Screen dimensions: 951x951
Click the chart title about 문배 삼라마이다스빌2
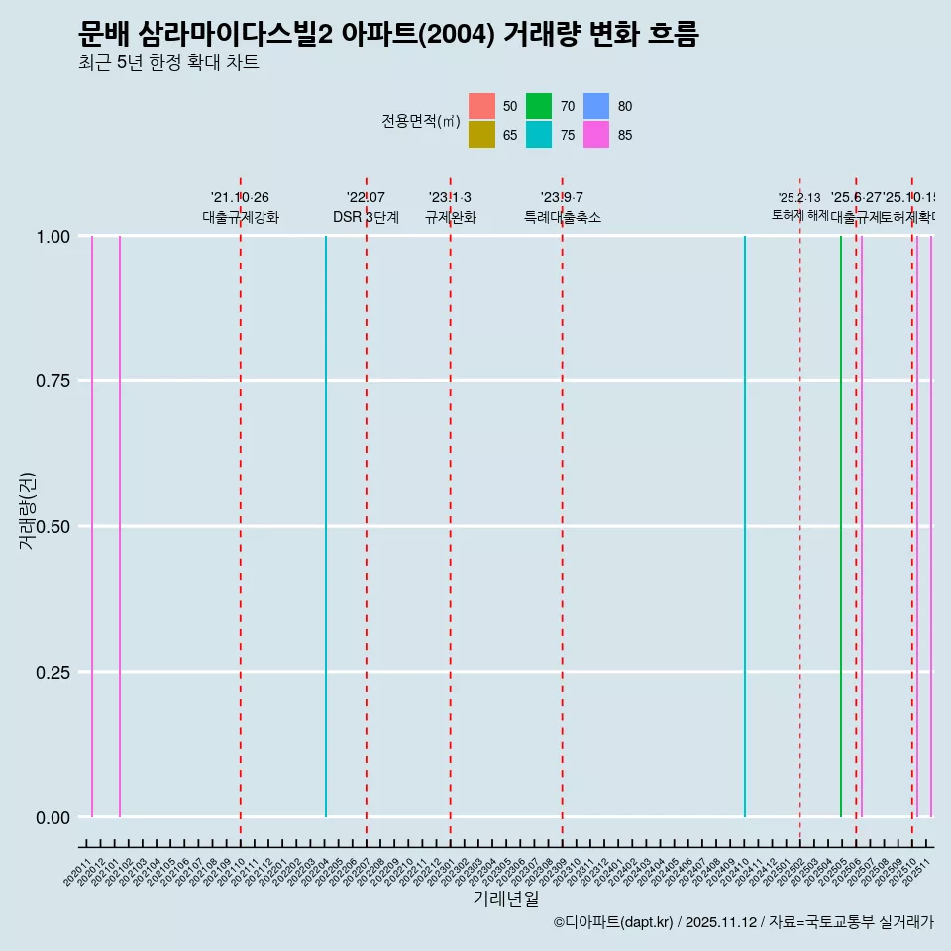coord(388,35)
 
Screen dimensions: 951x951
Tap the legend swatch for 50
coord(482,106)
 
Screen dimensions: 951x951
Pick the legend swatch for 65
coord(482,135)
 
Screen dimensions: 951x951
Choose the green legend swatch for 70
coord(539,106)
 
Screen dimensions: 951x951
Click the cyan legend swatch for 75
coord(539,135)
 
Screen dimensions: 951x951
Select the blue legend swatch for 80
coord(596,106)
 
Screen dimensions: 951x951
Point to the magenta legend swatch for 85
coord(596,135)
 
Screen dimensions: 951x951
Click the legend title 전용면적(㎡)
coord(421,121)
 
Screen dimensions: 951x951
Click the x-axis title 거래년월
coord(505,898)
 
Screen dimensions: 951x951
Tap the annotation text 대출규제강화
coord(241,217)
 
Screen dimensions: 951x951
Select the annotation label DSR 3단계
coord(366,217)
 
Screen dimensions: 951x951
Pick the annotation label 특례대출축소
coord(563,217)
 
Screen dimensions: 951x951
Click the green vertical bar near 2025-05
coord(841,526)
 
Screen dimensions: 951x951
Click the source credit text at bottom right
coord(743,922)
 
